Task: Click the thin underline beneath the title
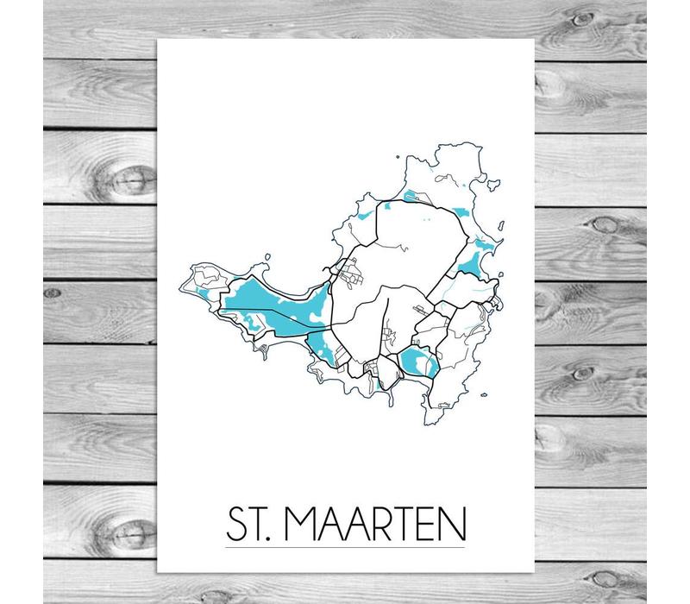click(345, 547)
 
